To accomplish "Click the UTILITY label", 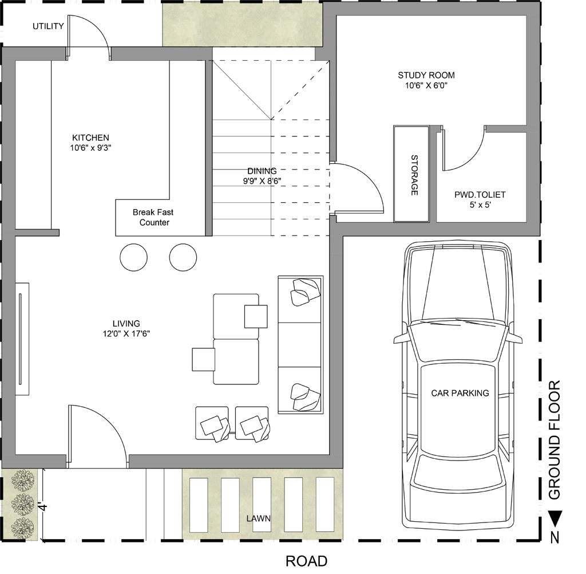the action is coord(48,26).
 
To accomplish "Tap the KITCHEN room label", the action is coord(90,137).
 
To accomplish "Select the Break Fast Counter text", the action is coord(153,218).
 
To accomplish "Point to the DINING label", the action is coord(262,171).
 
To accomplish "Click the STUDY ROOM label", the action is coord(426,75).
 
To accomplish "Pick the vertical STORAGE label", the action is coord(414,175).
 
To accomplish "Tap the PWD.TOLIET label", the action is coord(480,195).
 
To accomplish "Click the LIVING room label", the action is coord(126,323).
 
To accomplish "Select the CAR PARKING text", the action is coord(460,393).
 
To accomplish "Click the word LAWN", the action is coord(258,518).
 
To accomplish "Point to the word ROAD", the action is coord(307,561).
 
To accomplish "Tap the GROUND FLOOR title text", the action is coord(555,440).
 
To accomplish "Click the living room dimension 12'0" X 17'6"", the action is coord(126,333).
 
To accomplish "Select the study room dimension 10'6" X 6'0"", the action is coord(426,85).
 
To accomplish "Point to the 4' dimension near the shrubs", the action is coord(43,507).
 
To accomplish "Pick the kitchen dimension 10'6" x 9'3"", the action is coord(90,148).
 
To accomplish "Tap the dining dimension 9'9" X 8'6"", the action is coord(262,181).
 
